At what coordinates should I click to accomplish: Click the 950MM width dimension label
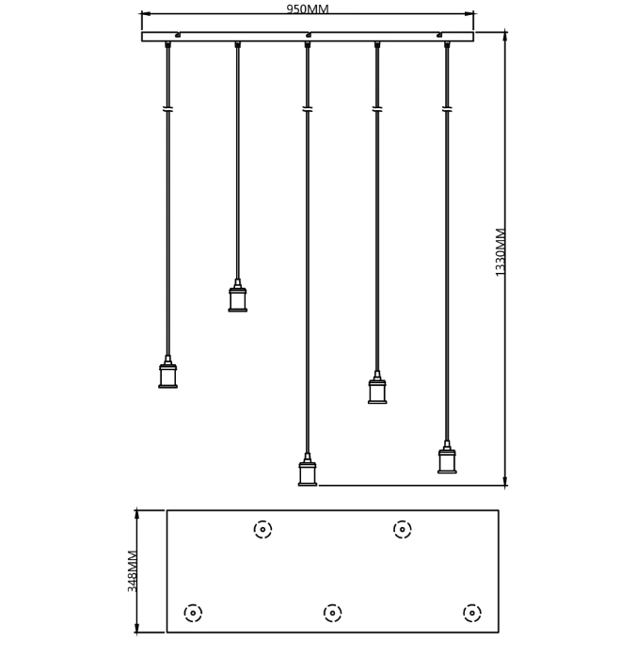point(308,8)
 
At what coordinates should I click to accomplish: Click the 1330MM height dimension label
point(501,252)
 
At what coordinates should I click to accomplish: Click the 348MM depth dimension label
point(133,571)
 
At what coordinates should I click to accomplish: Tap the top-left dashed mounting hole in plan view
point(262,530)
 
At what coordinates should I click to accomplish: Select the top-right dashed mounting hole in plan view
point(402,530)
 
